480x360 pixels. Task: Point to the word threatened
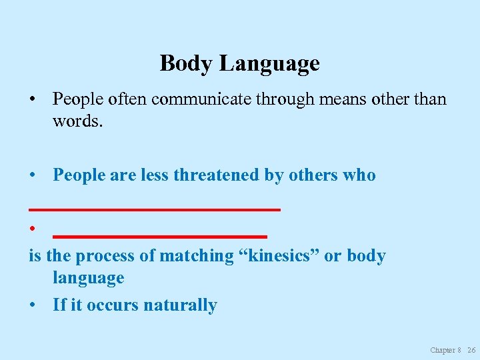(x=217, y=175)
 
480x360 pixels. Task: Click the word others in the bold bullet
(x=312, y=175)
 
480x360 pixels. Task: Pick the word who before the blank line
(x=359, y=175)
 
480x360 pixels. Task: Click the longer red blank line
(x=155, y=209)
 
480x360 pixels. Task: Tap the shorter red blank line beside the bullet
(x=160, y=236)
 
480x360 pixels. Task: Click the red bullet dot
(x=31, y=229)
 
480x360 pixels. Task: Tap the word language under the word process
(x=89, y=278)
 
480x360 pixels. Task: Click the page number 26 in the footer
(x=471, y=350)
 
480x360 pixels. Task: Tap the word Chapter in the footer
(x=443, y=350)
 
